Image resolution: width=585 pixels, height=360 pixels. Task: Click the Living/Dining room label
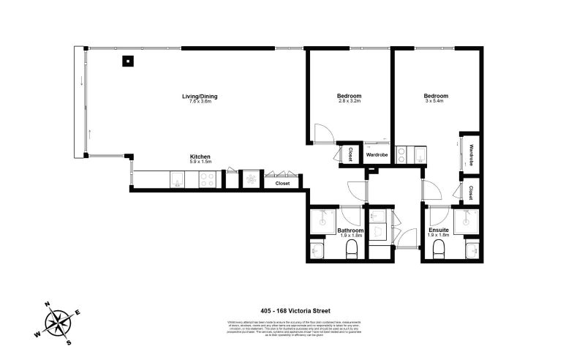(200, 97)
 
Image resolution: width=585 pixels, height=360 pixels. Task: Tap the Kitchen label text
(200, 157)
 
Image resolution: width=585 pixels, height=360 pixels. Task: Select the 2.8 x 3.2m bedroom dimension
(349, 102)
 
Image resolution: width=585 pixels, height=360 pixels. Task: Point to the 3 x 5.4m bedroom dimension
(436, 102)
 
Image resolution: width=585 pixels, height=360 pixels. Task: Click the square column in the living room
(127, 61)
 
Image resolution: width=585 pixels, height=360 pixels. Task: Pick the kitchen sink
(177, 180)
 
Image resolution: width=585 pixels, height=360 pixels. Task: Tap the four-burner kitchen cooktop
(206, 180)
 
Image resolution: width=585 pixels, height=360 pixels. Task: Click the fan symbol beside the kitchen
(250, 179)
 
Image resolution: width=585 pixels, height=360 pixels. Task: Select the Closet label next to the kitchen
(282, 183)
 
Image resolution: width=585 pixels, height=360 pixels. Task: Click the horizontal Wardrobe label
(377, 155)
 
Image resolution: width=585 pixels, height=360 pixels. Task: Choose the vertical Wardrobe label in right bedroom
(472, 155)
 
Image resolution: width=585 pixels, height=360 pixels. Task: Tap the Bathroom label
(350, 230)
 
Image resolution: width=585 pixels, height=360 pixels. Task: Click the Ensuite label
(439, 230)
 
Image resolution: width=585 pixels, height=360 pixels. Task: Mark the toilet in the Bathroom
(350, 251)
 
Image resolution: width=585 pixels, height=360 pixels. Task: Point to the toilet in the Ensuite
(439, 251)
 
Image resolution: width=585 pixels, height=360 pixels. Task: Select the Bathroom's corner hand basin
(318, 251)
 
